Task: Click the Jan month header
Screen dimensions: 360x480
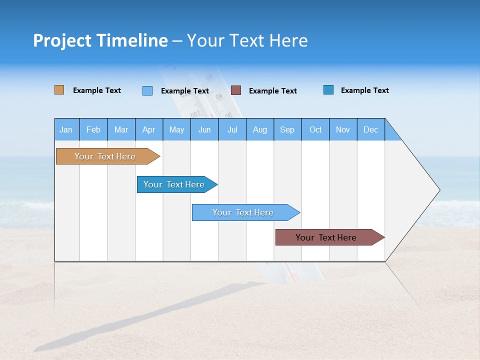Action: pyautogui.click(x=66, y=129)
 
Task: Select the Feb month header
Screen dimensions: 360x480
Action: pyautogui.click(x=93, y=129)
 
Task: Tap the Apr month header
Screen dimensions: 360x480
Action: pyautogui.click(x=148, y=129)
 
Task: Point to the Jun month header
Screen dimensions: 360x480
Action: pyautogui.click(x=204, y=129)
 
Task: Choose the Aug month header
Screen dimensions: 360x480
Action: pyautogui.click(x=259, y=129)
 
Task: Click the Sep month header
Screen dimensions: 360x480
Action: pyautogui.click(x=287, y=129)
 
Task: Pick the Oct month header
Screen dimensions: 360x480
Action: pyautogui.click(x=315, y=129)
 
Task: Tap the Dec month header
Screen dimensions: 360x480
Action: pyautogui.click(x=370, y=129)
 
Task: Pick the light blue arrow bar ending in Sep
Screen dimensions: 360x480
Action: pyautogui.click(x=243, y=212)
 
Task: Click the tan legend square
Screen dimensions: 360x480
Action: pyautogui.click(x=59, y=90)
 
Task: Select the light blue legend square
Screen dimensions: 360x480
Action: pyautogui.click(x=147, y=90)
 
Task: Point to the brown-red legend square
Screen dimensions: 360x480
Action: pyautogui.click(x=236, y=90)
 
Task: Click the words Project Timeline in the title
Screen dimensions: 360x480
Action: pyautogui.click(x=100, y=40)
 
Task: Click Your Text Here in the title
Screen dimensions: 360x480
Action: pyautogui.click(x=247, y=40)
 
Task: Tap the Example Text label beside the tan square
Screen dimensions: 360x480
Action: pyautogui.click(x=97, y=90)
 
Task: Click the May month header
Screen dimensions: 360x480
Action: pyautogui.click(x=176, y=129)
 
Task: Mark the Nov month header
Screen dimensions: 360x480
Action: pyautogui.click(x=343, y=129)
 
